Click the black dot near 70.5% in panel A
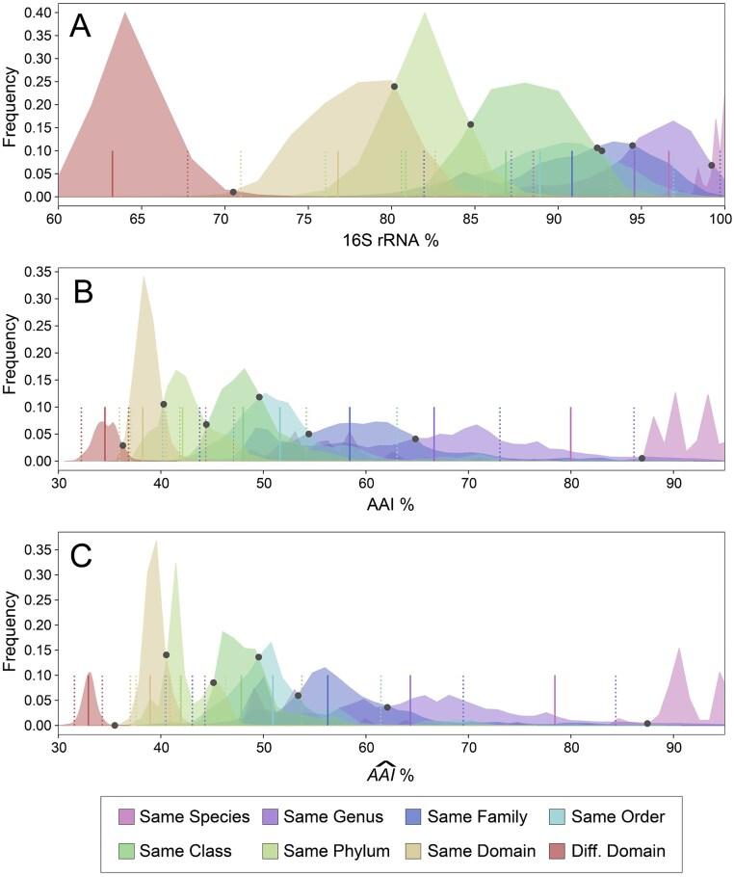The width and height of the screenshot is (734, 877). pos(233,192)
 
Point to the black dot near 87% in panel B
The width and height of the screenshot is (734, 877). pos(642,458)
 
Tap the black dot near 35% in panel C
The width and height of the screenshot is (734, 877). pos(115,725)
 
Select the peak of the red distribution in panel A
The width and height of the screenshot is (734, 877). pos(125,13)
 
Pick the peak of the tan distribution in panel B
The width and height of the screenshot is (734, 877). pos(144,277)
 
